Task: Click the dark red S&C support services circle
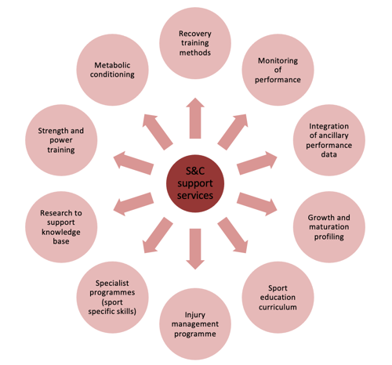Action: pyautogui.click(x=195, y=183)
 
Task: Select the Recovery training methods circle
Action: pyautogui.click(x=195, y=43)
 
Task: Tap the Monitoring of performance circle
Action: pyautogui.click(x=278, y=70)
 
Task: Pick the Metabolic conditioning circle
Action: pyautogui.click(x=112, y=70)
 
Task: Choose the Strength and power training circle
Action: pyautogui.click(x=61, y=140)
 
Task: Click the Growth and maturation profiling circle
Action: pyautogui.click(x=329, y=227)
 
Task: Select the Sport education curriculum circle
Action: pyautogui.click(x=278, y=298)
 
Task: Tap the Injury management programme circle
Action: pyautogui.click(x=195, y=324)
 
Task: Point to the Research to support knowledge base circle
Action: pyautogui.click(x=61, y=227)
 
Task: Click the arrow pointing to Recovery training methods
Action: pyautogui.click(x=195, y=118)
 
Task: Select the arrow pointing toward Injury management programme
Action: pyautogui.click(x=195, y=249)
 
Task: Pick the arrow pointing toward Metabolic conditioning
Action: pyautogui.click(x=158, y=132)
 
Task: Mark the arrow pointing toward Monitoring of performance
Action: pyautogui.click(x=233, y=132)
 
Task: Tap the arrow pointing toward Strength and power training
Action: pyautogui.click(x=133, y=163)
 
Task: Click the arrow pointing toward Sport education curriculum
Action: pyautogui.click(x=233, y=235)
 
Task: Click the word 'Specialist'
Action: pyautogui.click(x=112, y=283)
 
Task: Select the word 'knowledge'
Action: pyautogui.click(x=61, y=232)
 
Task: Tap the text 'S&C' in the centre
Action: pyautogui.click(x=195, y=171)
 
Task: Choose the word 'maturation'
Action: pyautogui.click(x=329, y=226)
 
